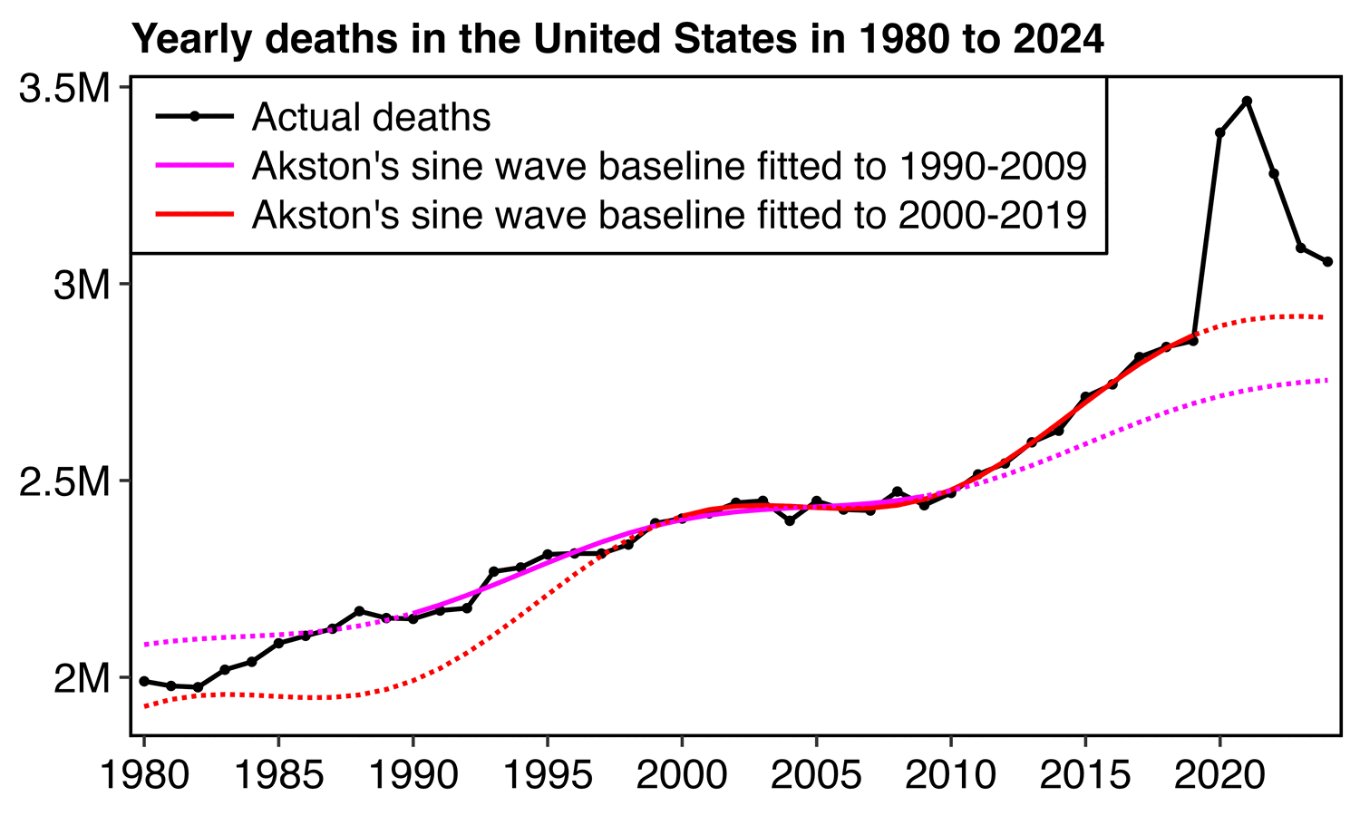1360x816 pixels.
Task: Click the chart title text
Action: point(617,40)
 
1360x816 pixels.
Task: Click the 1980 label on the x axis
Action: point(143,776)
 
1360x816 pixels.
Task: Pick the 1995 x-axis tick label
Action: point(548,776)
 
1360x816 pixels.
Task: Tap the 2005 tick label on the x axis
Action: point(817,776)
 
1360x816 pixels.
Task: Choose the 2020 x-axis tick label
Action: point(1220,776)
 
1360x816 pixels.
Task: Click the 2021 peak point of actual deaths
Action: point(1247,101)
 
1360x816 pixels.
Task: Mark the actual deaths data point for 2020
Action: point(1219,133)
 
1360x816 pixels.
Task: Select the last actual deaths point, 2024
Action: point(1327,262)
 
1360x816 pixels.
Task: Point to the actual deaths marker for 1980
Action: point(144,681)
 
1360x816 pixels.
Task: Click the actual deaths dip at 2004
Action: point(790,521)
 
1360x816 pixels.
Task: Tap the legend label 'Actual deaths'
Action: point(371,117)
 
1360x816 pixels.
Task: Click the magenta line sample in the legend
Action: point(194,166)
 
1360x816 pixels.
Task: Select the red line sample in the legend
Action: point(194,215)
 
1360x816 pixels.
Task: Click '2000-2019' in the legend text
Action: point(992,215)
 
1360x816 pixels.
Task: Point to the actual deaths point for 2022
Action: point(1274,173)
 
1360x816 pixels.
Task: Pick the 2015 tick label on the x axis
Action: point(1085,776)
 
